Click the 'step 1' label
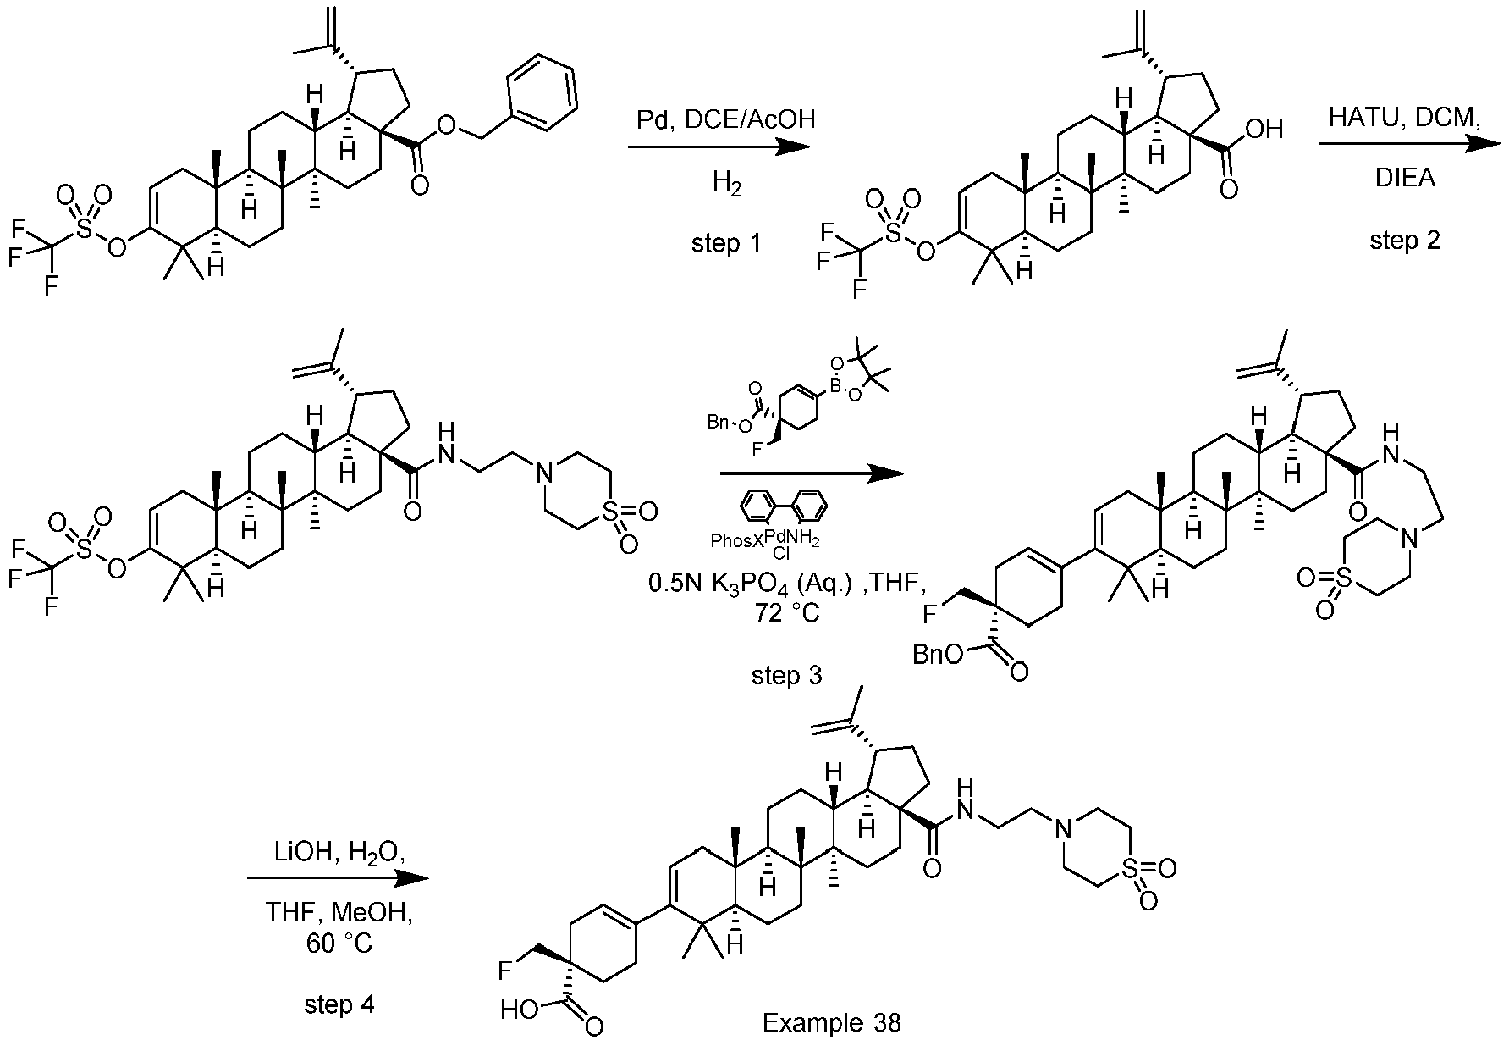[726, 244]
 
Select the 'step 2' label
[1404, 241]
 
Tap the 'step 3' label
[786, 675]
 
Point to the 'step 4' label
[339, 1004]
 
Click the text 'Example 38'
[832, 1023]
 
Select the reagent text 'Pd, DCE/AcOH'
[726, 119]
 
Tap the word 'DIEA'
[1404, 179]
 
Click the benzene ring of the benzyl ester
[542, 94]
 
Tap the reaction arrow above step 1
[719, 147]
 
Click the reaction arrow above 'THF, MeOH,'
[338, 879]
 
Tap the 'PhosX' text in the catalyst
[735, 539]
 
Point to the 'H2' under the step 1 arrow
[726, 184]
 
